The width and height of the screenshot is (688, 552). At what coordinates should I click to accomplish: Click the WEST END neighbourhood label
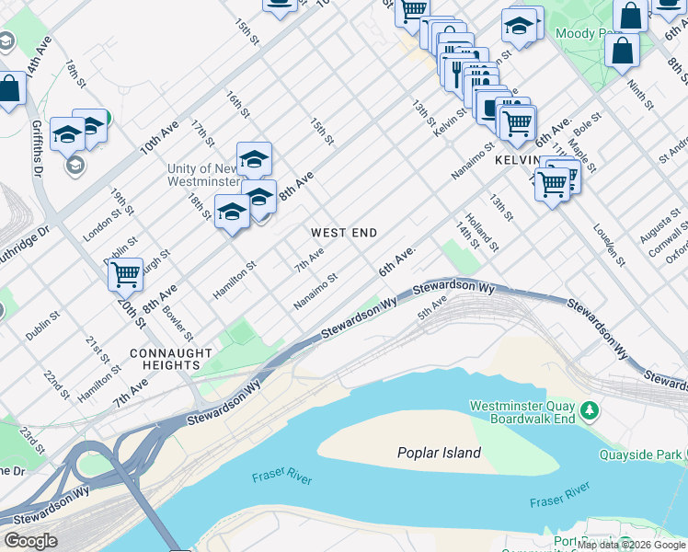pos(343,233)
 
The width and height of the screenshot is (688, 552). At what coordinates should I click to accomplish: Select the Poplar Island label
pos(439,453)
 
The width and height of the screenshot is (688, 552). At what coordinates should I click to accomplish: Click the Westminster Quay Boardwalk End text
pos(522,412)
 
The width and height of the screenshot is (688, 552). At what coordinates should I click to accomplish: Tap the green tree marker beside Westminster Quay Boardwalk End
pos(588,408)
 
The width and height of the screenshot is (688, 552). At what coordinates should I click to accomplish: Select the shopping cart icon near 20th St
pos(125,273)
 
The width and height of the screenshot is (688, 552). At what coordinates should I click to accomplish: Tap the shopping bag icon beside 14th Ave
pos(10,89)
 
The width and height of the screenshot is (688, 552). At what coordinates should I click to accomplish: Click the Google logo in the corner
pos(29,541)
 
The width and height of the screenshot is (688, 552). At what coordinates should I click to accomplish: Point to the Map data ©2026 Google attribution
pos(631,545)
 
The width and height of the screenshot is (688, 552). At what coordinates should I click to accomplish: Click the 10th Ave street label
pos(158,137)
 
